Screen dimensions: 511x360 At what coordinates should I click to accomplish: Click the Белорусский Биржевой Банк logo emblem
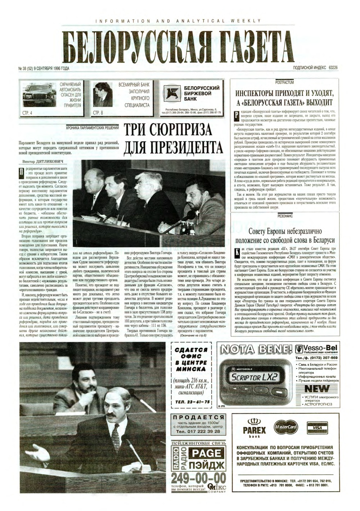(x=171, y=93)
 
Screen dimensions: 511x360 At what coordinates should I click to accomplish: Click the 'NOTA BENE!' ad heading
(x=255, y=339)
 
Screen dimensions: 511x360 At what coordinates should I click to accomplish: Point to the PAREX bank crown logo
(x=254, y=422)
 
